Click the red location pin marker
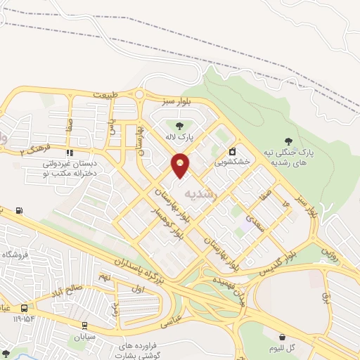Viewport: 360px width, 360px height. coord(181,165)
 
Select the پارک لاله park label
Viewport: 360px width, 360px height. coord(179,137)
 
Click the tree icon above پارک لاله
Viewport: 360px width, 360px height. coord(179,126)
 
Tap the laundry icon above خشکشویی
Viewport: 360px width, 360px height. coord(233,150)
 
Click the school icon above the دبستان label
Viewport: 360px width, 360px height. coord(69,152)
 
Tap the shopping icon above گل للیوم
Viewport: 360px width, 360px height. coord(283,337)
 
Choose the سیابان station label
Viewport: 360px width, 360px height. coord(85,336)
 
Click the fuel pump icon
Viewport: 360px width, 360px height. coord(18,210)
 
